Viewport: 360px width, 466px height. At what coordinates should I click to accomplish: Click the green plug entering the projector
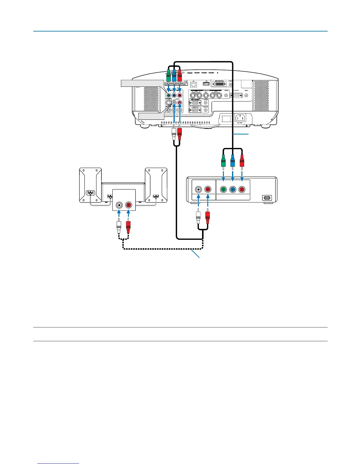click(169, 77)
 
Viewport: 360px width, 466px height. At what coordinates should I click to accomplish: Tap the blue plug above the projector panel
click(174, 77)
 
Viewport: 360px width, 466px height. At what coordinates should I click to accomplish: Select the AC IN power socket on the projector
click(240, 118)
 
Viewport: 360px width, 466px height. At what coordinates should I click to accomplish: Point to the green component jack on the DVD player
click(223, 189)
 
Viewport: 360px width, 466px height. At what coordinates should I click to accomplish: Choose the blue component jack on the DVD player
click(233, 189)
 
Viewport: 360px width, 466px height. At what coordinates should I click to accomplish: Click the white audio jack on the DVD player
click(199, 189)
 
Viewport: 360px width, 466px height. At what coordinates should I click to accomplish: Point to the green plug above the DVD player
click(223, 163)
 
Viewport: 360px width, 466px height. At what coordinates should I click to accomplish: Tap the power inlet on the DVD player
click(267, 198)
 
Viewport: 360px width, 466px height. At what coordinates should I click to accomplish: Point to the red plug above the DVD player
click(242, 163)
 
